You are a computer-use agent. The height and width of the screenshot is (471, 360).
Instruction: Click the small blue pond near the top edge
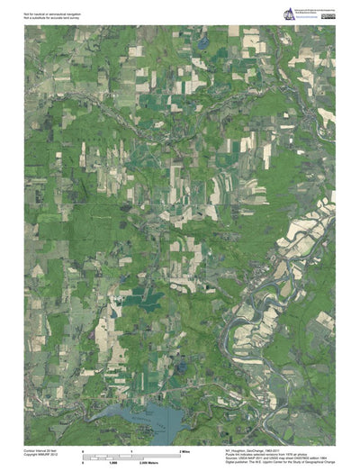tap(204, 41)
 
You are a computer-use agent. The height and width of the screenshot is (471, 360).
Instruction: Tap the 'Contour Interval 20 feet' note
tap(41, 448)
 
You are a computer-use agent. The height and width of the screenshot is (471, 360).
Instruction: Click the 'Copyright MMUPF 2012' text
tap(40, 452)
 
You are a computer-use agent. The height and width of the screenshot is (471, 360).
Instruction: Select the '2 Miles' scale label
tap(185, 449)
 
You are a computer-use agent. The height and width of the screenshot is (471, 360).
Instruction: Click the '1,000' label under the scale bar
tap(114, 461)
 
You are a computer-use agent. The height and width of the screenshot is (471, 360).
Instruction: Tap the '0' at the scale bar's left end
tap(83, 449)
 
